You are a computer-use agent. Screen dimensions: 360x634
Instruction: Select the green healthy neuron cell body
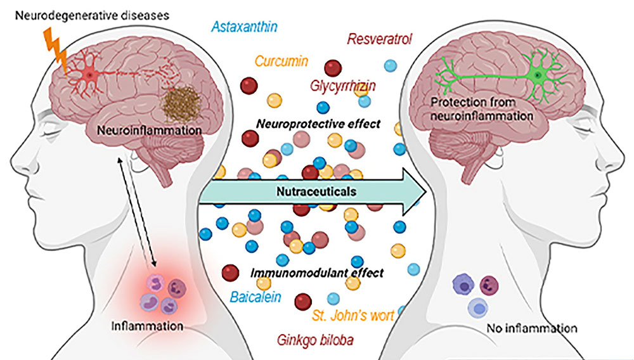click(x=538, y=75)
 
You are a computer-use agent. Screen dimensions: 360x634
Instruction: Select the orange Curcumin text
click(x=281, y=61)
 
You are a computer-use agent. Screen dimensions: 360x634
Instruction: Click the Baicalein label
click(x=256, y=297)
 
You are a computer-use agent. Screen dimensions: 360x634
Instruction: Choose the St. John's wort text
click(x=354, y=314)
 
